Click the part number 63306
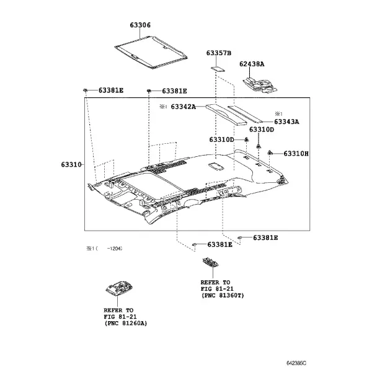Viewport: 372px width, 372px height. (140, 25)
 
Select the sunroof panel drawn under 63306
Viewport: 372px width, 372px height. (151, 53)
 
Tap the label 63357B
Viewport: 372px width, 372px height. (218, 53)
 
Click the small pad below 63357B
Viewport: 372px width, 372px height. (218, 69)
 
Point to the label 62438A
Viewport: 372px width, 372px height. (252, 64)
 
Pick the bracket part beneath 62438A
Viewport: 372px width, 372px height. (260, 85)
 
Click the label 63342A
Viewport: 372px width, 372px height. (184, 107)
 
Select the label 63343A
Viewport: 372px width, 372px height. (286, 122)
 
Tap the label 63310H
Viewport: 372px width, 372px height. (296, 154)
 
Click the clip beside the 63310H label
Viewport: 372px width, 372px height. (270, 153)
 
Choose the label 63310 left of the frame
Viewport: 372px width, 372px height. (71, 164)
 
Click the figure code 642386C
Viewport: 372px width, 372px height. (296, 363)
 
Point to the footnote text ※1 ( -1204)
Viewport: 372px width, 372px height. (104, 249)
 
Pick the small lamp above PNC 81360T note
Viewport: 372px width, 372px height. (210, 262)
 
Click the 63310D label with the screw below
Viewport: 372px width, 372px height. (262, 130)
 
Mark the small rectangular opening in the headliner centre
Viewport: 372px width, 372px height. (216, 166)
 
